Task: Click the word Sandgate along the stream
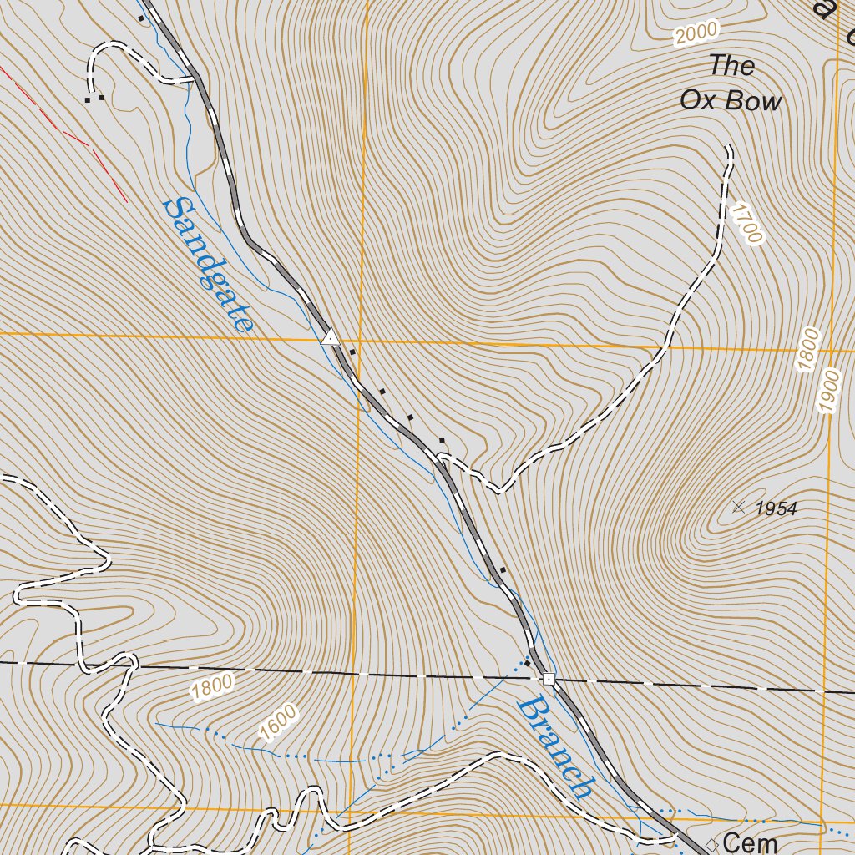pos(208,265)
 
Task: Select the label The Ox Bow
pos(731,83)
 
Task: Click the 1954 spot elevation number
pos(776,508)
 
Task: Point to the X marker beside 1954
pos(738,506)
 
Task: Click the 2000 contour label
pos(696,33)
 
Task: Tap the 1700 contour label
pos(746,223)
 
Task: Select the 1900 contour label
pos(828,391)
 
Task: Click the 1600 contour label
pos(278,723)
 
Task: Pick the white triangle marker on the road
pos(331,338)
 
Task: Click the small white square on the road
pos(549,679)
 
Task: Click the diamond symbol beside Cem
pos(711,843)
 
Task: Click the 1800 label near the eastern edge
pos(808,351)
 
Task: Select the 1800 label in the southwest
pos(211,687)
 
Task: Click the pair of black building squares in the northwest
pos(94,99)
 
